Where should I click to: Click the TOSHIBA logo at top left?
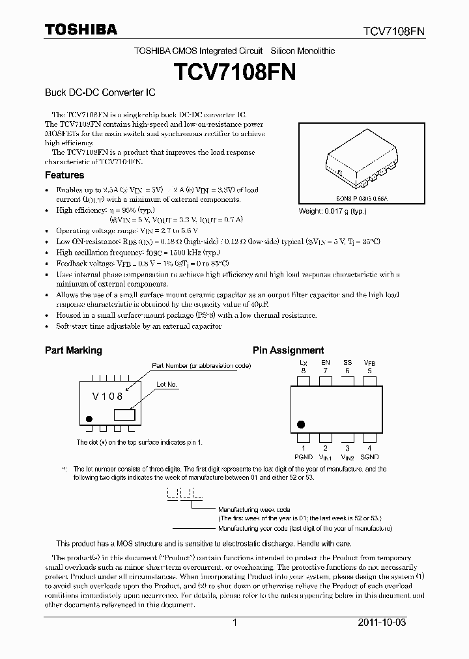[81, 30]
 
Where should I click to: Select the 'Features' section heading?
[64, 175]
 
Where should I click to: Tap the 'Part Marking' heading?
[73, 350]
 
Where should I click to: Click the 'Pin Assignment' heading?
[288, 350]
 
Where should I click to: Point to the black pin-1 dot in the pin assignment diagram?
[300, 425]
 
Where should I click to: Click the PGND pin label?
[303, 457]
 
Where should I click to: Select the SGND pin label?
[369, 457]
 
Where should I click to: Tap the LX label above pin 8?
[303, 362]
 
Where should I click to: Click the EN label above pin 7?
[325, 362]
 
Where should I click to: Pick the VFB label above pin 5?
[369, 362]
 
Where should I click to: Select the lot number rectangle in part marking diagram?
[124, 414]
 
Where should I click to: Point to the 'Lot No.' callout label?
[167, 385]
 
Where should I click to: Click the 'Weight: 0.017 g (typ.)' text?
[332, 211]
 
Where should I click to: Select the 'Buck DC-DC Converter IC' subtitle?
[99, 93]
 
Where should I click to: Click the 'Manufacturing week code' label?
[254, 509]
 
